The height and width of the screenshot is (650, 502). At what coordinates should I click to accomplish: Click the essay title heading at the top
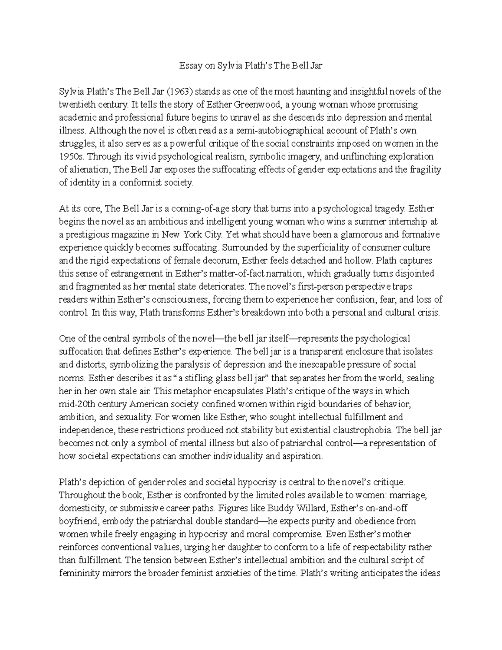coord(251,66)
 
